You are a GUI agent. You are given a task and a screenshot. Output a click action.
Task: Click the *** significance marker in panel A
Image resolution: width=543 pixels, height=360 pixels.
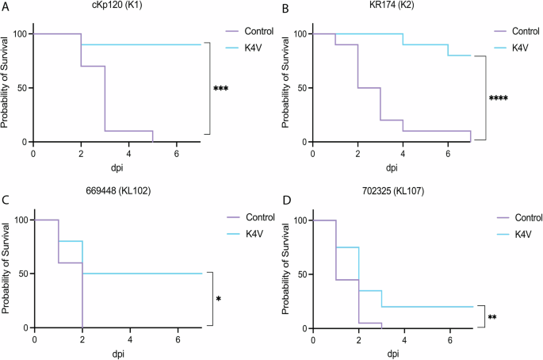click(x=221, y=90)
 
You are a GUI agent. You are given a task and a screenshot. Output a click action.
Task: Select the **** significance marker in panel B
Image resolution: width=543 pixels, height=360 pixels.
click(x=499, y=99)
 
